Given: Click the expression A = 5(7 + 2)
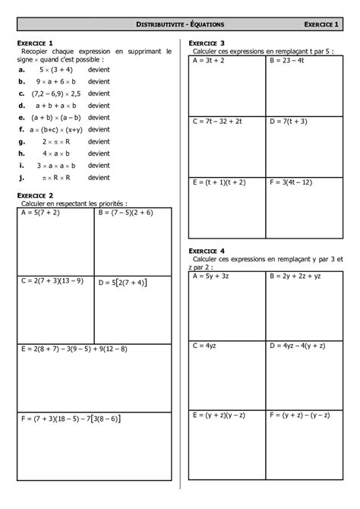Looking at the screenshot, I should pos(42,213).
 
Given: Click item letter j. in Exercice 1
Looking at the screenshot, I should pos(24,178).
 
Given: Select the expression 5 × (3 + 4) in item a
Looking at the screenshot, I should pos(52,68).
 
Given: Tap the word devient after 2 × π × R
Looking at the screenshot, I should pos(99,141).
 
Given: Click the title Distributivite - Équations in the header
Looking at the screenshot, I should pos(180,26).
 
